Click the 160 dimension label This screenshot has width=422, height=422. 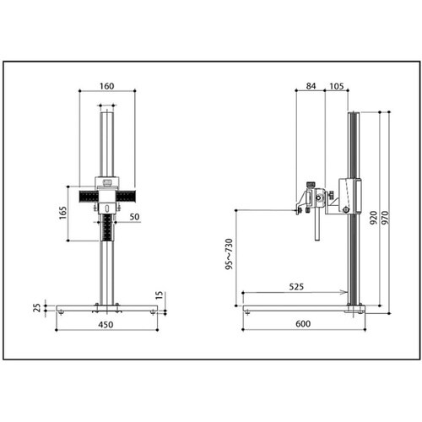107,86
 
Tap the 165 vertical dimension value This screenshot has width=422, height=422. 63,213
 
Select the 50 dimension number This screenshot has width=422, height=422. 134,217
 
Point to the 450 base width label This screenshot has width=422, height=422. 105,325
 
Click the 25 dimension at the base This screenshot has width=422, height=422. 37,308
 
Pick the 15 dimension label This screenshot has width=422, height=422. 160,295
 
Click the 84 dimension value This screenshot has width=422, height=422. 311,86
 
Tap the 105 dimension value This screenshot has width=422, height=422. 337,86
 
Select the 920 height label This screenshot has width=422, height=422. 373,218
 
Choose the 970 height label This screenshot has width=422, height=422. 385,218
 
